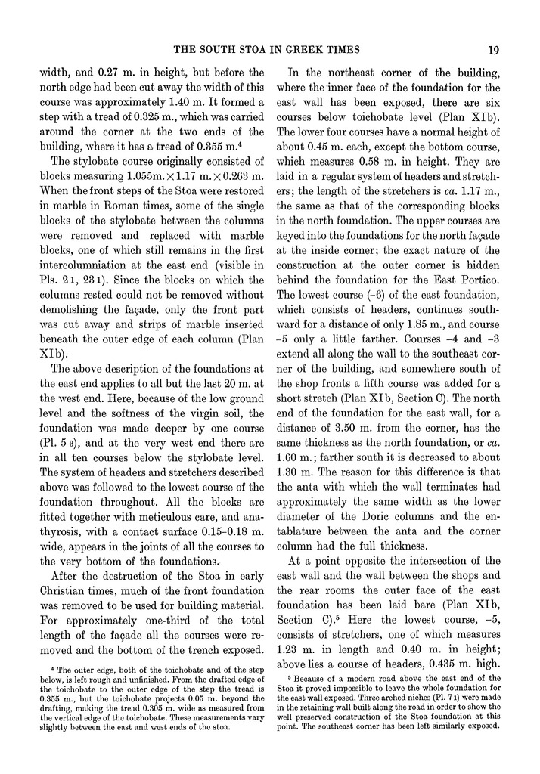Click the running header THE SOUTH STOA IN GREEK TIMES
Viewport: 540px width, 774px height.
[x=278, y=51]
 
